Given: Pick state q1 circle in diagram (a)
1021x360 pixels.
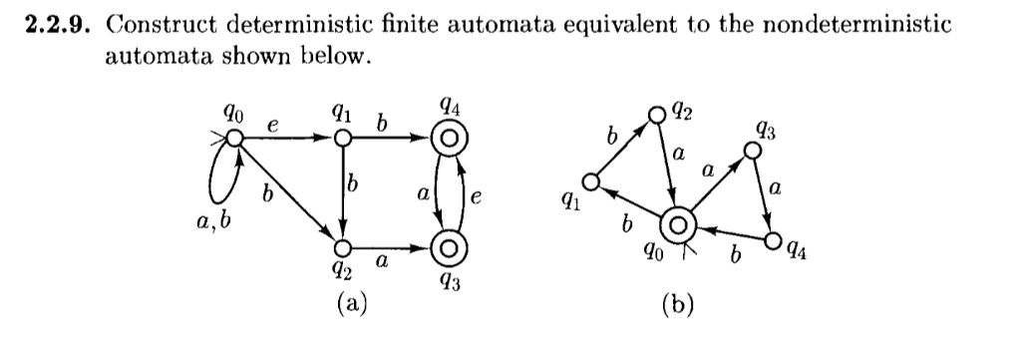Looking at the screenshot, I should point(342,142).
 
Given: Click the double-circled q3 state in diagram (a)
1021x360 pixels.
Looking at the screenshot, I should point(447,247).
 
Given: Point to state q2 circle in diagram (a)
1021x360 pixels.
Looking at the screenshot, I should point(342,247).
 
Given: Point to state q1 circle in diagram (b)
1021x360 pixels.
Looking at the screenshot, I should point(591,182).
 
